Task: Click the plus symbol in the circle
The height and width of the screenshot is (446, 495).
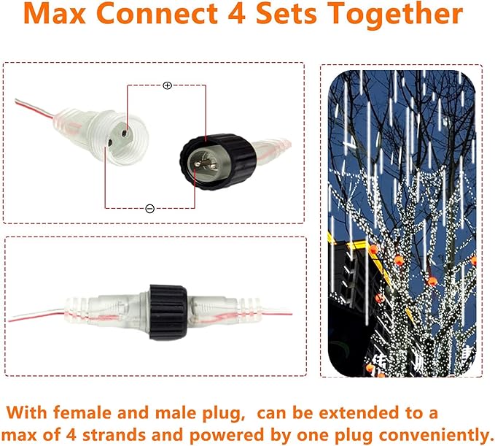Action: (x=167, y=85)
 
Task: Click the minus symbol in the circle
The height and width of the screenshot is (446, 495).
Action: (x=149, y=208)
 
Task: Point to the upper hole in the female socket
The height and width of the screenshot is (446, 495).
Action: (x=124, y=133)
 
